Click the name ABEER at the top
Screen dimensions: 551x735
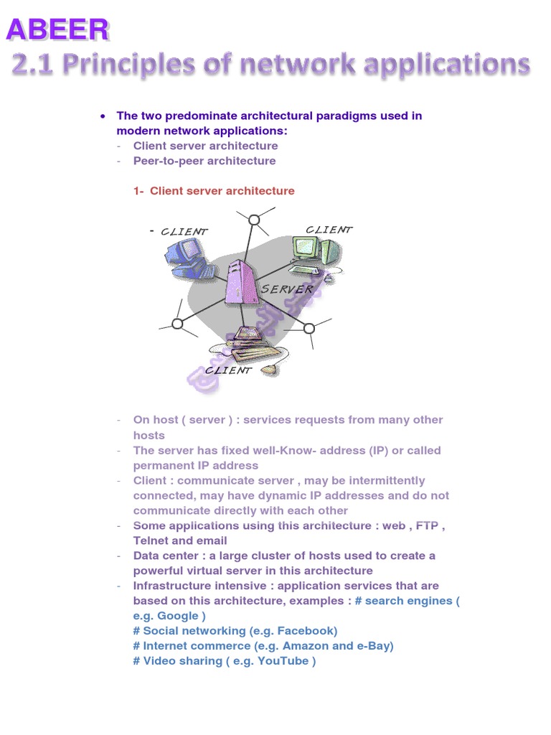pyautogui.click(x=59, y=29)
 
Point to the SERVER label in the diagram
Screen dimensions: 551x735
pyautogui.click(x=287, y=289)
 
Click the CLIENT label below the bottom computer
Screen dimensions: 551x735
pyautogui.click(x=228, y=370)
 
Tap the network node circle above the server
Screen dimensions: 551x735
pyautogui.click(x=254, y=220)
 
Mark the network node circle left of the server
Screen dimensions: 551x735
pyautogui.click(x=177, y=324)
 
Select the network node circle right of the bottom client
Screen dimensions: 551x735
pyautogui.click(x=309, y=328)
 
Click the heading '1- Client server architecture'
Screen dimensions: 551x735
pyautogui.click(x=213, y=191)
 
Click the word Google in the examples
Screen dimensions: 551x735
pyautogui.click(x=176, y=616)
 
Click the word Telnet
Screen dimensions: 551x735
pyautogui.click(x=151, y=540)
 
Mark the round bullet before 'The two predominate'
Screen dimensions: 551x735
pyautogui.click(x=103, y=116)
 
